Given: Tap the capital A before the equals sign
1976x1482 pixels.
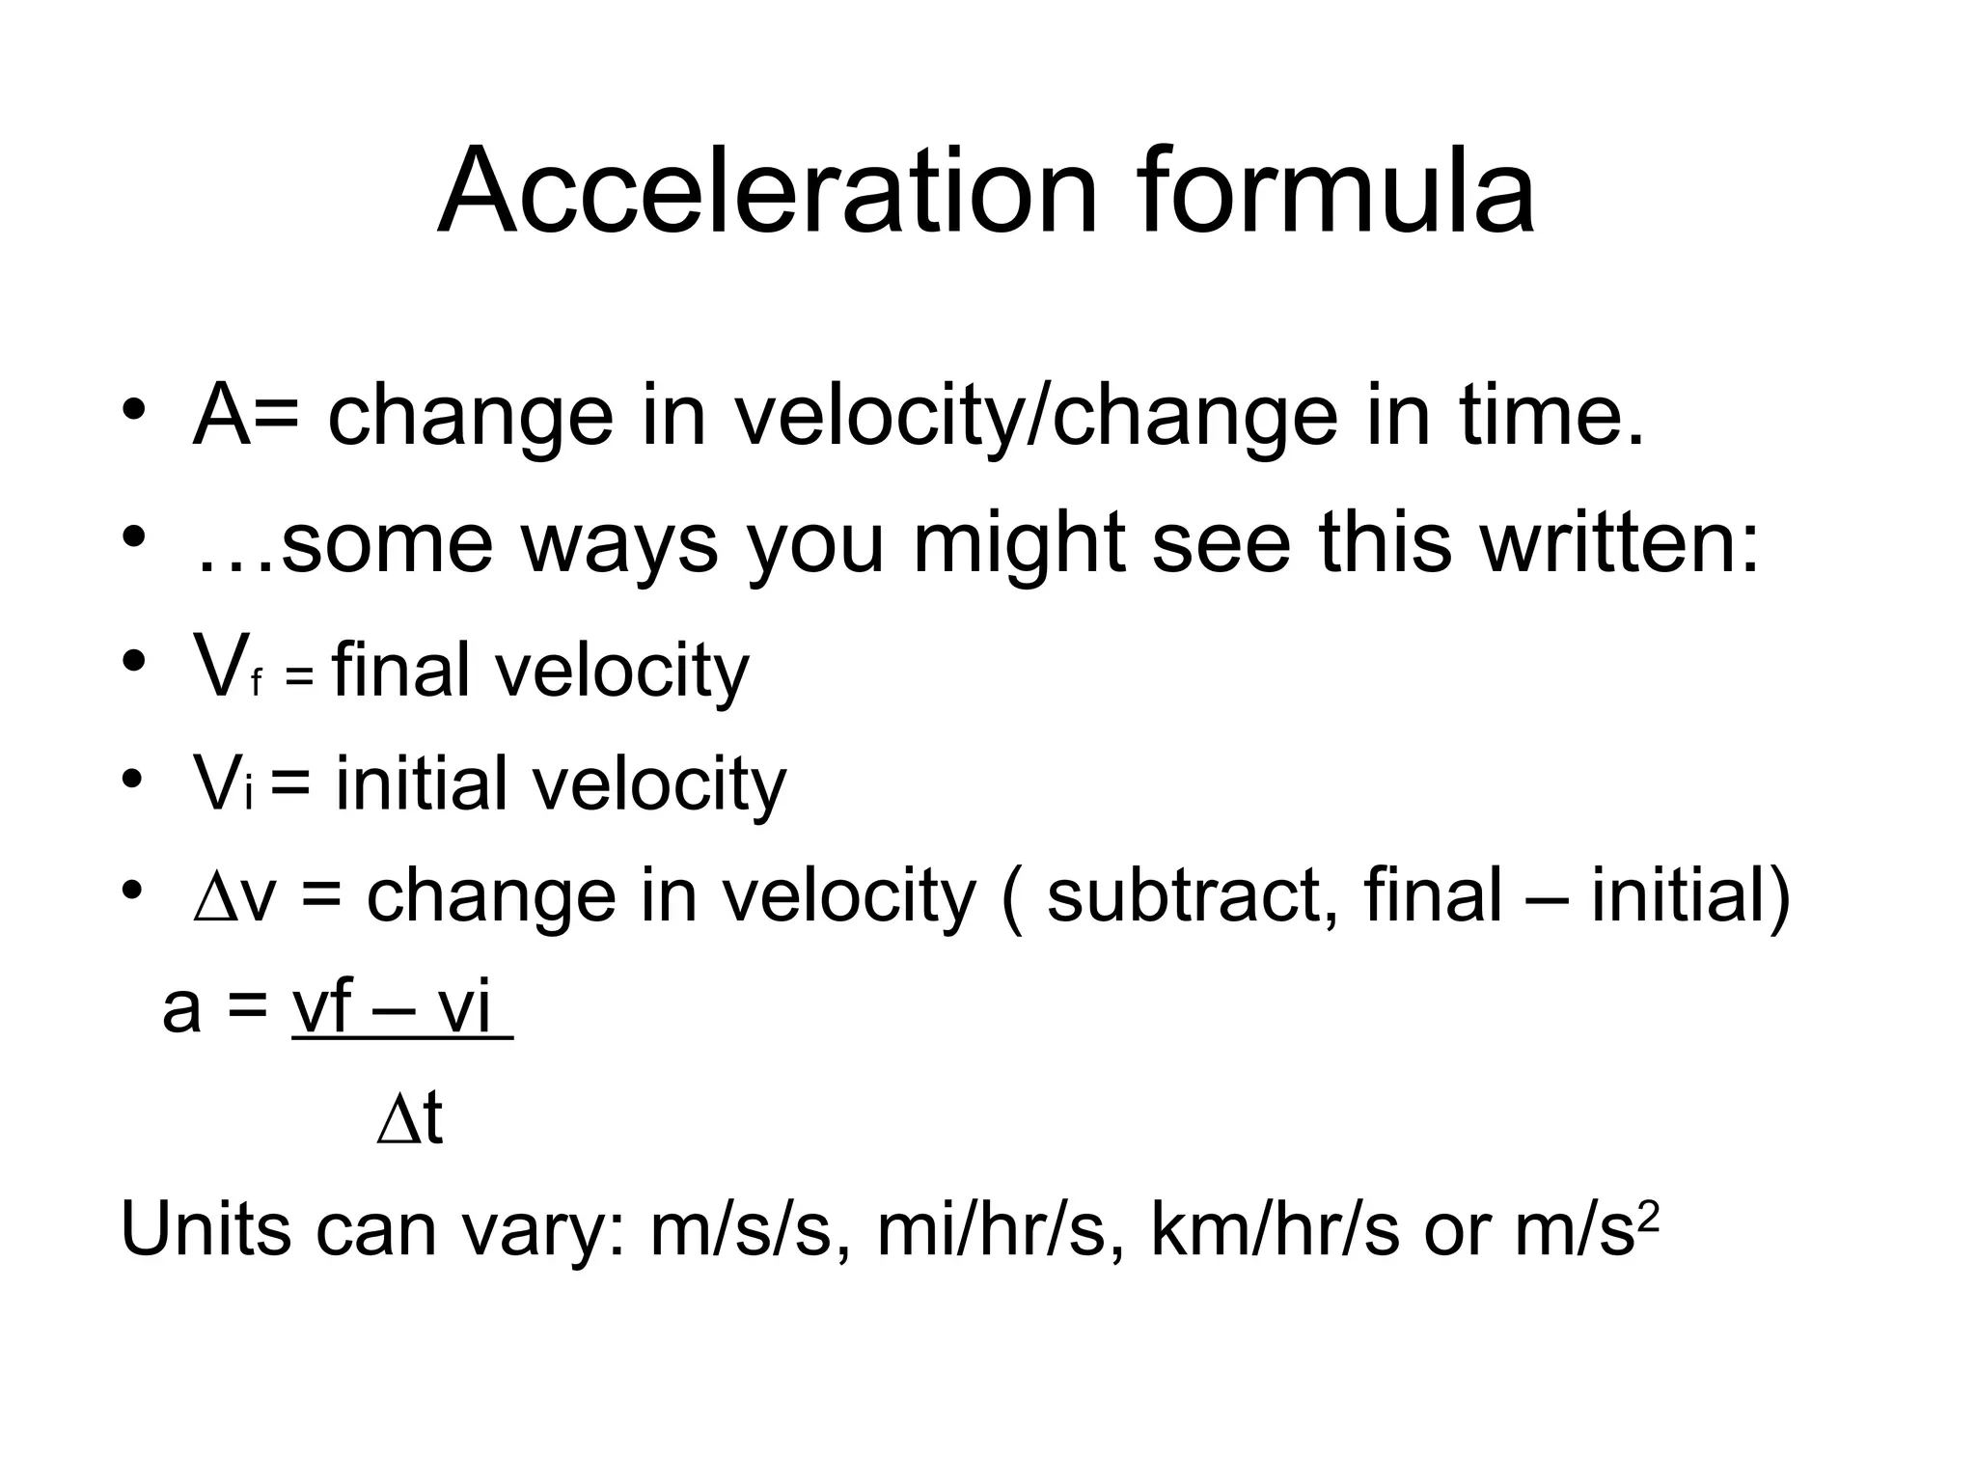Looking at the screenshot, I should point(221,417).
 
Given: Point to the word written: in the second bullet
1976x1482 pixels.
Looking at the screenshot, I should point(1621,543).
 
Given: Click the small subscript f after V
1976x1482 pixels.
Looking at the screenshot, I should point(257,683).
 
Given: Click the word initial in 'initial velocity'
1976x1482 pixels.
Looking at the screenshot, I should point(421,782).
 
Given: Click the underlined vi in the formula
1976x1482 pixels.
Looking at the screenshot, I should point(464,1009).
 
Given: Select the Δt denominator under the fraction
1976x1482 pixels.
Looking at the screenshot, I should point(409,1121).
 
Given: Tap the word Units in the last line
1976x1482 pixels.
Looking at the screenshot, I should point(206,1231).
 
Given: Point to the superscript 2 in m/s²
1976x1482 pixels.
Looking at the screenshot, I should point(1649,1218).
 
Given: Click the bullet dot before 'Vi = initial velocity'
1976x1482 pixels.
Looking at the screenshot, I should point(133,778).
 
